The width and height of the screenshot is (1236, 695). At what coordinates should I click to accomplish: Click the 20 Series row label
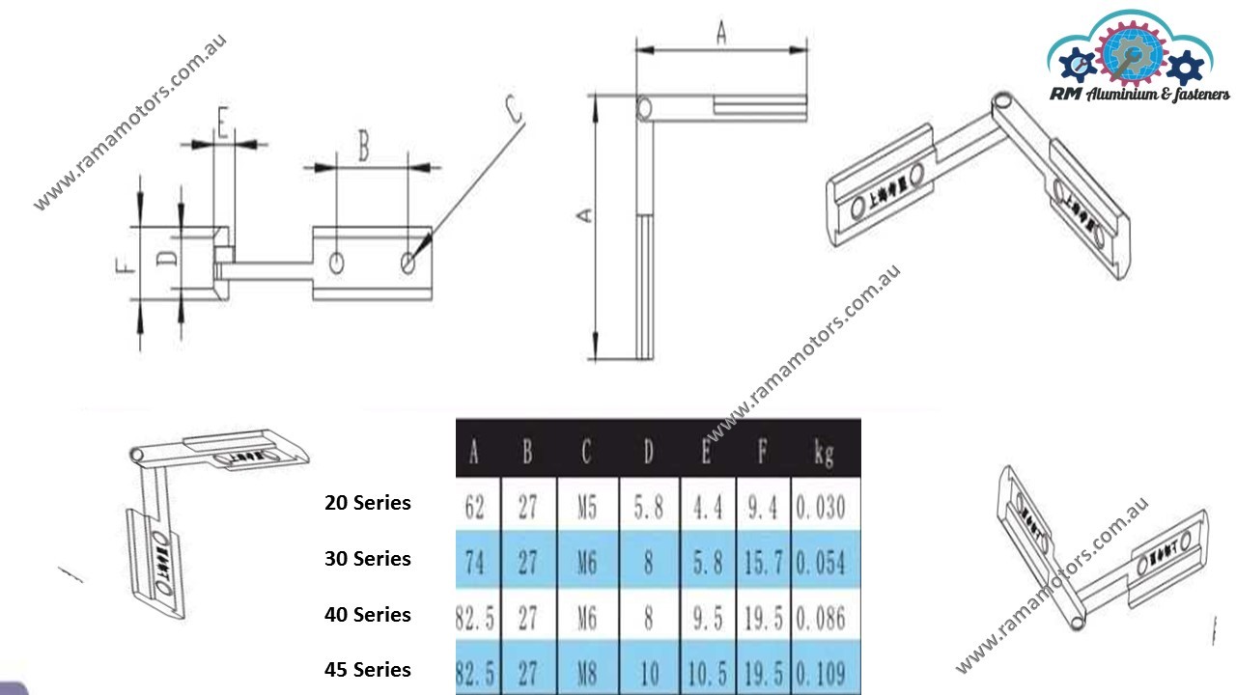click(367, 503)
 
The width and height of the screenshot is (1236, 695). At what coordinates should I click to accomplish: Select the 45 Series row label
click(367, 670)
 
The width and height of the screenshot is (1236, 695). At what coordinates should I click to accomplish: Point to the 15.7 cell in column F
click(762, 563)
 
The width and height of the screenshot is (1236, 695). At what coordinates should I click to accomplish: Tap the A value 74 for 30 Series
click(475, 563)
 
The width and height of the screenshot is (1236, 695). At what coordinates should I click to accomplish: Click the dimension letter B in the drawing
click(363, 147)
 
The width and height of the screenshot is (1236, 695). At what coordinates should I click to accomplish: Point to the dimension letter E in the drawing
click(222, 125)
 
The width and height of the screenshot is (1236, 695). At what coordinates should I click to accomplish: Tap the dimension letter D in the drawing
click(166, 259)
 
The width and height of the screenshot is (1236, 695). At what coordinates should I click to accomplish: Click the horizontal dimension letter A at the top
click(720, 33)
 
